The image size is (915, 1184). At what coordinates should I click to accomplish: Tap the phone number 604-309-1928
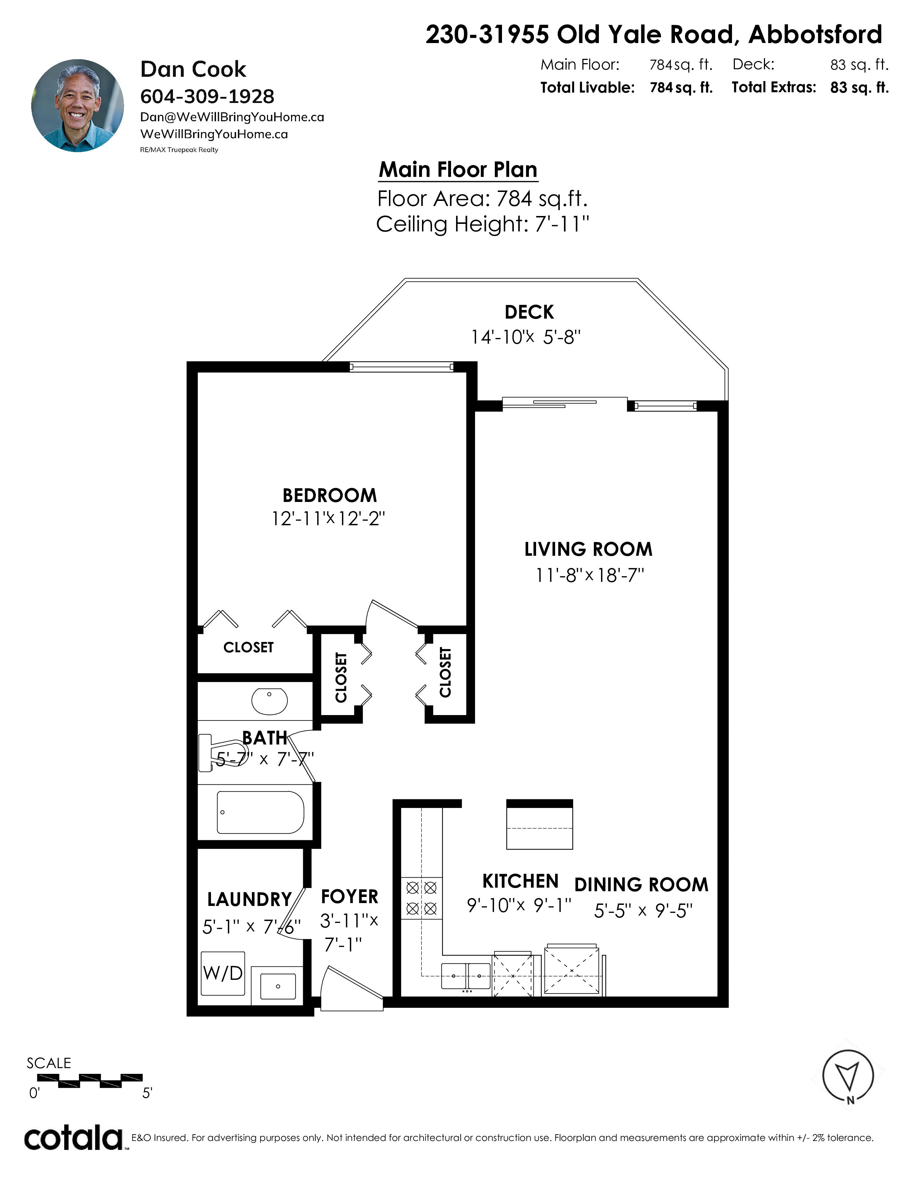tap(207, 97)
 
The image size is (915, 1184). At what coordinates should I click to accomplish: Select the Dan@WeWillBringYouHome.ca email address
tap(232, 117)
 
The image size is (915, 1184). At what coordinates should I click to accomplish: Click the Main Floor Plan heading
tap(458, 170)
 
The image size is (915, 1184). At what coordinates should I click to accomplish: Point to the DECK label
tap(529, 312)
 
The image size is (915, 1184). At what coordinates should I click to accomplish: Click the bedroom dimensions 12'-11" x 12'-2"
tap(328, 519)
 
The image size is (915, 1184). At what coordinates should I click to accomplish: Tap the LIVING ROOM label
tap(588, 549)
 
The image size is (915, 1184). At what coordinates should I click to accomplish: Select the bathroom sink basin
tap(269, 701)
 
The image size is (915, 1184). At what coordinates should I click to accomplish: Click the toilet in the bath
tap(222, 752)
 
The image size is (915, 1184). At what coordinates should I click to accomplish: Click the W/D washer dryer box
tap(223, 973)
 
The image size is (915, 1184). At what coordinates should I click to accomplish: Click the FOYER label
tap(349, 897)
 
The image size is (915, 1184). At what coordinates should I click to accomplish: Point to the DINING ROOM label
tap(641, 885)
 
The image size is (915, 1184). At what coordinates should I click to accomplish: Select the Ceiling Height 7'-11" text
tap(482, 224)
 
